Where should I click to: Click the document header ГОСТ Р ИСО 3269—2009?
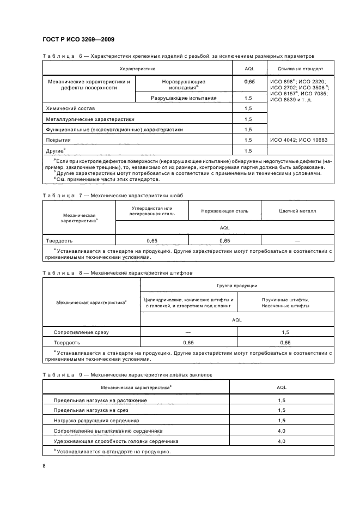pyautogui.click(x=78, y=40)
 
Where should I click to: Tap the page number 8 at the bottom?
pyautogui.click(x=44, y=465)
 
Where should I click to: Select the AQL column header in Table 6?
pyautogui.click(x=248, y=69)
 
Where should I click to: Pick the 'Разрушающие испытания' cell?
pyautogui.click(x=183, y=98)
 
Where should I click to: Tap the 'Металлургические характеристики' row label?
pyautogui.click(x=90, y=119)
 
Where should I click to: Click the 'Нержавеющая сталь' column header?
pyautogui.click(x=224, y=210)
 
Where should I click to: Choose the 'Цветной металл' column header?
pyautogui.click(x=297, y=210)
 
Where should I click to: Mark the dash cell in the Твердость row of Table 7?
pyautogui.click(x=297, y=240)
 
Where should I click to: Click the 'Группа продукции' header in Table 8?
pyautogui.click(x=237, y=286)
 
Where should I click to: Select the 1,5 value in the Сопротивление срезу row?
pyautogui.click(x=285, y=332)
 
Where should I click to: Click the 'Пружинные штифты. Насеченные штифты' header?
pyautogui.click(x=285, y=303)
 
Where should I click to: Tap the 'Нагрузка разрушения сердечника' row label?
pyautogui.click(x=96, y=420)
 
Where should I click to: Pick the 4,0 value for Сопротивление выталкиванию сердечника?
pyautogui.click(x=282, y=430)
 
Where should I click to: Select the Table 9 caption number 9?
pyautogui.click(x=80, y=374)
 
